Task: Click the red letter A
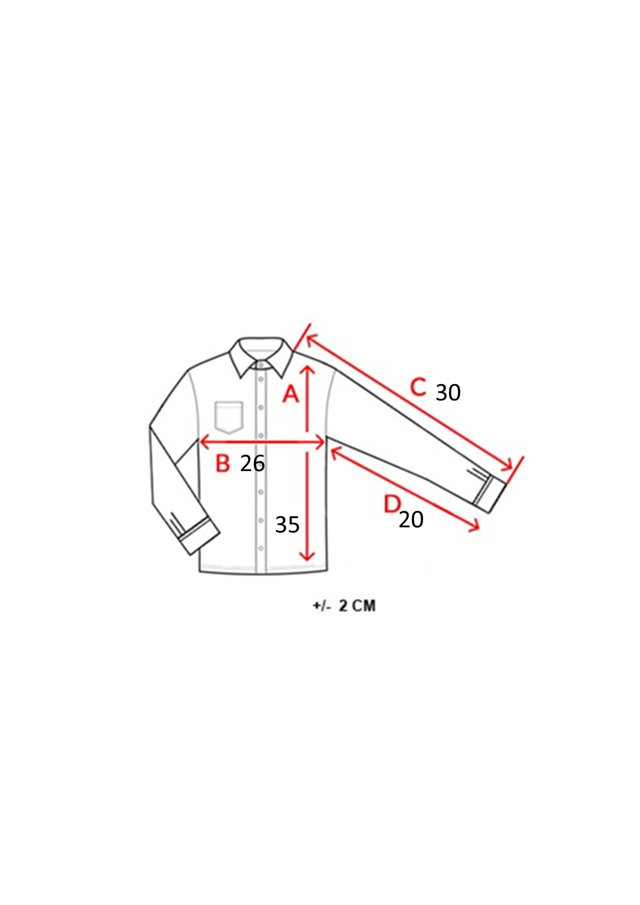pyautogui.click(x=291, y=394)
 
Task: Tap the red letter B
pyautogui.click(x=222, y=463)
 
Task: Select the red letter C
pyautogui.click(x=418, y=387)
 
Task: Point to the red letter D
pyautogui.click(x=392, y=504)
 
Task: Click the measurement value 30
pyautogui.click(x=448, y=393)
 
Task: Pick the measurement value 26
pyautogui.click(x=252, y=463)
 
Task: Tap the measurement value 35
pyautogui.click(x=287, y=525)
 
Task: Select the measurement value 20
pyautogui.click(x=411, y=520)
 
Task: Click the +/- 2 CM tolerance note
pyautogui.click(x=344, y=605)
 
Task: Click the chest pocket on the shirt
pyautogui.click(x=229, y=417)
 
